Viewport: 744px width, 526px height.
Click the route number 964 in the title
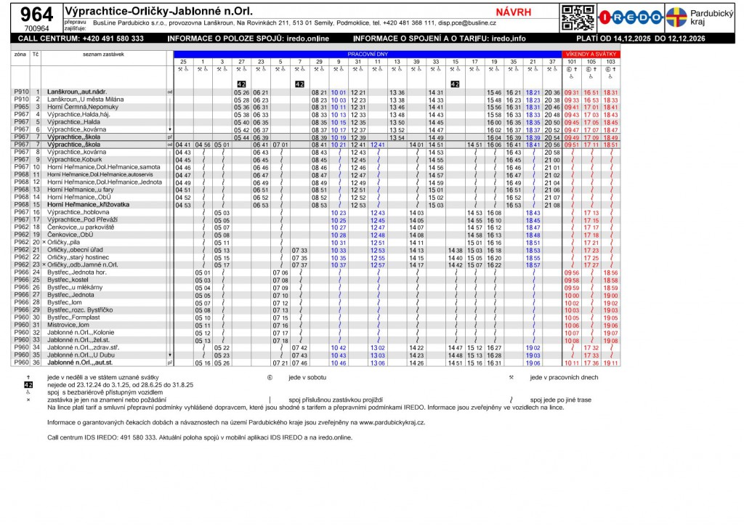(x=36, y=14)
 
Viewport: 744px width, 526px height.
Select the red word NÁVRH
(x=513, y=12)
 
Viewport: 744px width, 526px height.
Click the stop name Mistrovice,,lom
(x=68, y=325)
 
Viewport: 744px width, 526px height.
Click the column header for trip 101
(x=572, y=62)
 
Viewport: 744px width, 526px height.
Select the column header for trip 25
(x=183, y=62)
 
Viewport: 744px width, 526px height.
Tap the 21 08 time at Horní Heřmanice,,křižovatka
(x=552, y=205)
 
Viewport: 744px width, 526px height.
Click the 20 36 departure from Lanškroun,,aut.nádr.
(x=552, y=92)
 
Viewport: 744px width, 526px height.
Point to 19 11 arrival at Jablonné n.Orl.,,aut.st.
(x=610, y=363)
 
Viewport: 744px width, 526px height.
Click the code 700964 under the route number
(x=36, y=28)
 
